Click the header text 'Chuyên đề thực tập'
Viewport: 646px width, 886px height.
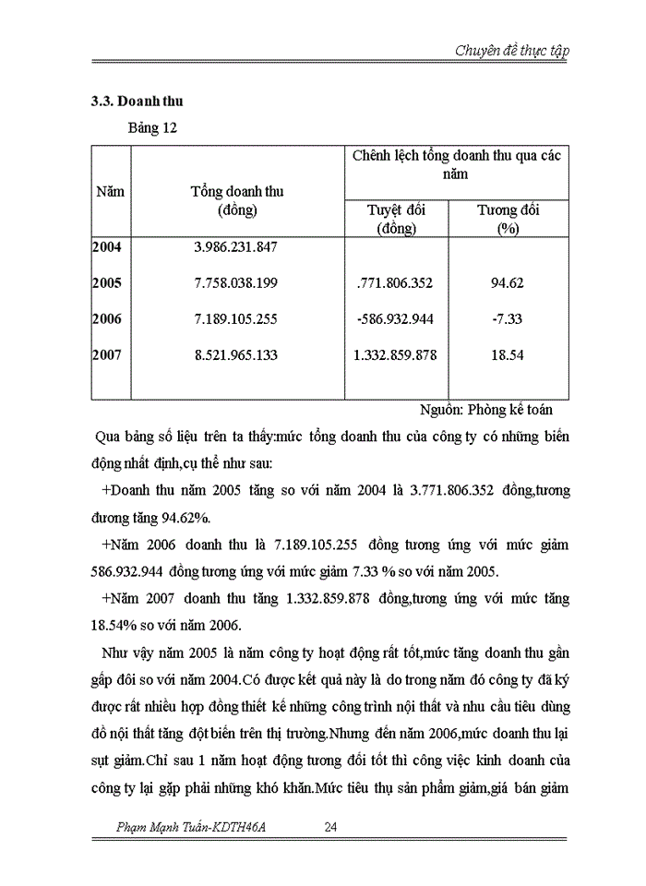pyautogui.click(x=510, y=50)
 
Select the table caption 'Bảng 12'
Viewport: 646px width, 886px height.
pyautogui.click(x=151, y=128)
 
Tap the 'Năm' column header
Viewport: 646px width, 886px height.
pyautogui.click(x=110, y=192)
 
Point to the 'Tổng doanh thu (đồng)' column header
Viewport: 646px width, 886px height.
pyautogui.click(x=236, y=200)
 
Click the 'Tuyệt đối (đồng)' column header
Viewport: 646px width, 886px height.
pyautogui.click(x=396, y=219)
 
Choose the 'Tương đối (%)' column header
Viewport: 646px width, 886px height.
pyautogui.click(x=508, y=219)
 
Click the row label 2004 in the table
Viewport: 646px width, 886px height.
pyautogui.click(x=108, y=247)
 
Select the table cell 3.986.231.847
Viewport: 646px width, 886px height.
pyautogui.click(x=236, y=247)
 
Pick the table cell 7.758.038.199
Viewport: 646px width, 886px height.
pyautogui.click(x=236, y=283)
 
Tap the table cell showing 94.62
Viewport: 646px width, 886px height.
pyautogui.click(x=508, y=283)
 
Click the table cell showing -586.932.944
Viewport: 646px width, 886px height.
pyautogui.click(x=396, y=319)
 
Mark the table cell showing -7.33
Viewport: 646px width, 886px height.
pyautogui.click(x=508, y=319)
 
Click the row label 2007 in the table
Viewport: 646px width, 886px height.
pyautogui.click(x=108, y=354)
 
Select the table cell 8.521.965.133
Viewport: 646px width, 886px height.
pyautogui.click(x=236, y=354)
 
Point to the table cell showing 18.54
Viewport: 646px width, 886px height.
pyautogui.click(x=508, y=354)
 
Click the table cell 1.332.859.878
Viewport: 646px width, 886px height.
pyautogui.click(x=396, y=354)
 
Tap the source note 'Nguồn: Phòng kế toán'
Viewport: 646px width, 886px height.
pyautogui.click(x=485, y=411)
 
